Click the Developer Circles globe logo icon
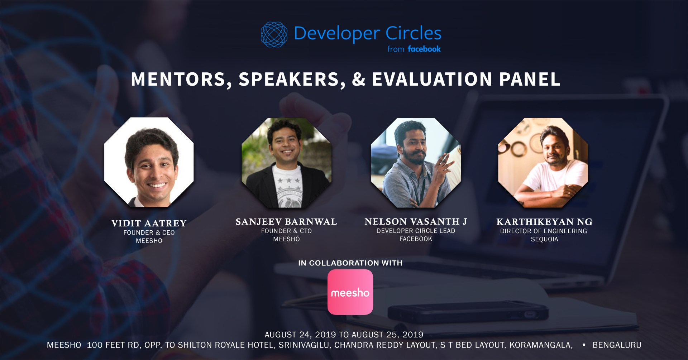click(274, 35)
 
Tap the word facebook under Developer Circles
click(424, 49)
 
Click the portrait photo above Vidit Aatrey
click(149, 162)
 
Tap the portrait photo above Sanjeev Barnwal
click(287, 163)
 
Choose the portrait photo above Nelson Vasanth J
click(416, 163)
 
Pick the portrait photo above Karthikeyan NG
click(543, 163)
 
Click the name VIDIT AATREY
click(149, 223)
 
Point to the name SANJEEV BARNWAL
click(286, 222)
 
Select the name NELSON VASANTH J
click(416, 221)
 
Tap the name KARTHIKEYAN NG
click(544, 222)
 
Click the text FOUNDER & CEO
click(149, 232)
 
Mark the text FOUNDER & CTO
click(286, 231)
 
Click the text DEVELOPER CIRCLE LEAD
click(416, 231)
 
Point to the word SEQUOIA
click(544, 239)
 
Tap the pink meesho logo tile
click(350, 292)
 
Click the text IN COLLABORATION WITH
click(350, 263)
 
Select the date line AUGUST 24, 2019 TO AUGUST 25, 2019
click(344, 335)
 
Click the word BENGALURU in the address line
click(617, 345)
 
